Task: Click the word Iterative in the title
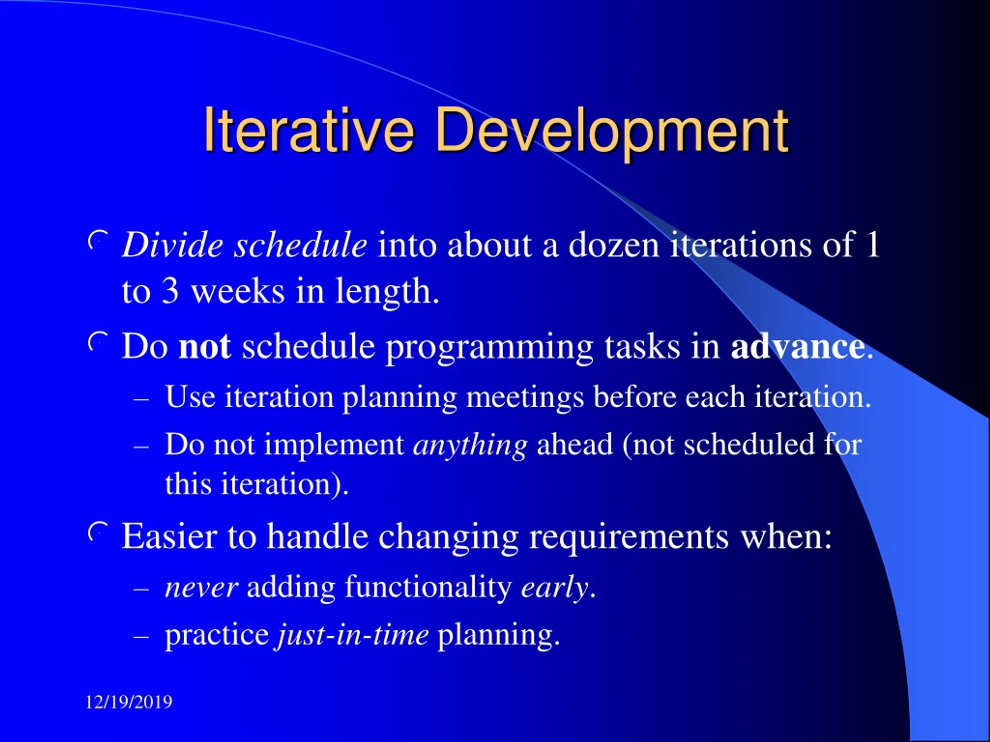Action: (x=308, y=130)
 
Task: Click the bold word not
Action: (x=205, y=347)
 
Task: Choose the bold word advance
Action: (x=797, y=347)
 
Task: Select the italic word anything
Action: (x=470, y=447)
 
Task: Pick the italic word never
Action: (x=201, y=589)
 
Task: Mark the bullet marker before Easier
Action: (x=97, y=531)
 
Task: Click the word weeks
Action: (x=238, y=292)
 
